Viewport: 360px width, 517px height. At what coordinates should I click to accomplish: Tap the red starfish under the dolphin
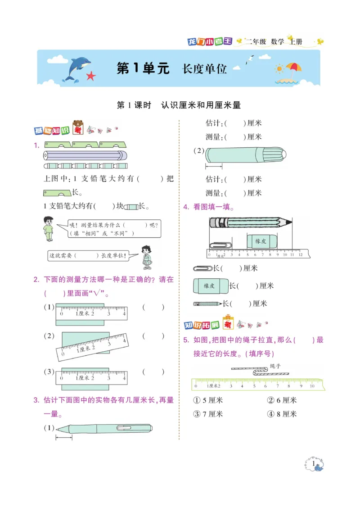(91, 76)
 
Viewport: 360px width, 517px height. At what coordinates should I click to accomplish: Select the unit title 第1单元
(143, 68)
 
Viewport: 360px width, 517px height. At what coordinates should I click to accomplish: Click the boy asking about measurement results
(49, 228)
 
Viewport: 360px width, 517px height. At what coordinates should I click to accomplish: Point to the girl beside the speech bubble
(146, 257)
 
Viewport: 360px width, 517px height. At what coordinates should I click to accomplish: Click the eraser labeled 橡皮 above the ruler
(261, 241)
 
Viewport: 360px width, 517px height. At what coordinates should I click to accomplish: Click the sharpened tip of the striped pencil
(289, 222)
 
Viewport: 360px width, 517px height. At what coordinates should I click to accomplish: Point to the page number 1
(313, 463)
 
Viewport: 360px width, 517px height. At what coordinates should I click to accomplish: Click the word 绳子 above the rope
(275, 366)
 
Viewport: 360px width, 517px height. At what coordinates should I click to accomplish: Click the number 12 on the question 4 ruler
(300, 254)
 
